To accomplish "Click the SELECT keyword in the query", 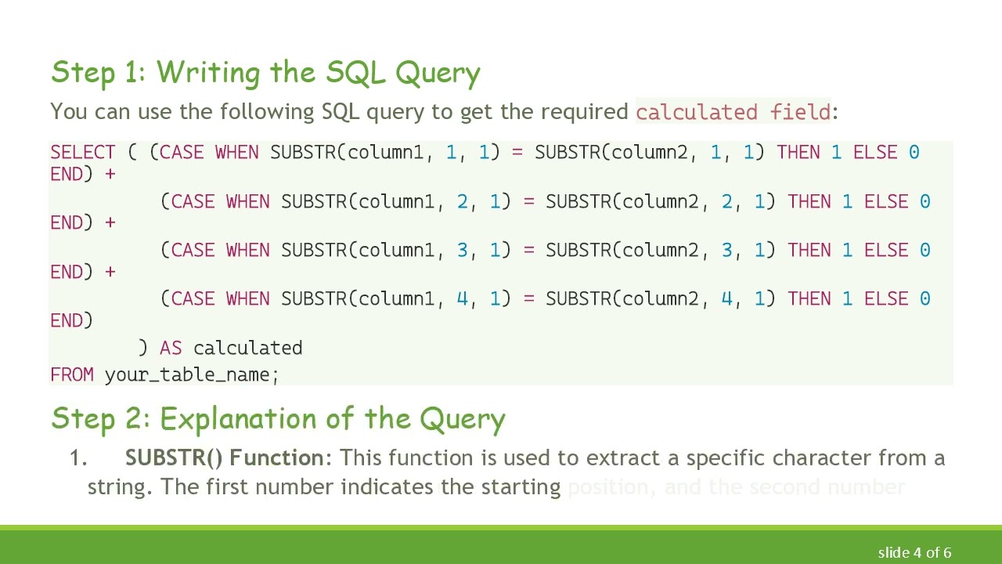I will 82,152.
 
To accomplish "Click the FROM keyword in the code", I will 72,374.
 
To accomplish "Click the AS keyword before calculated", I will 171,348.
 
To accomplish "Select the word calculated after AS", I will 247,348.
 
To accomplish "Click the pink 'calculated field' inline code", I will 733,112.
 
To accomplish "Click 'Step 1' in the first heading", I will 98,72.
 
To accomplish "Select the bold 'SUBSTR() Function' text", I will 224,457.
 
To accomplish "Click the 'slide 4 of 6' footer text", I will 914,552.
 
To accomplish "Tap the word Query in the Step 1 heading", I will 438,73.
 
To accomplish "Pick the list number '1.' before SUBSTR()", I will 78,458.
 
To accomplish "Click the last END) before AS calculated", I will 71,320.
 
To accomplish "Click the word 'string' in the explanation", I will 118,487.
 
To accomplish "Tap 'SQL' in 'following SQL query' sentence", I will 340,111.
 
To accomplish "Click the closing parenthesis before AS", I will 142,348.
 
